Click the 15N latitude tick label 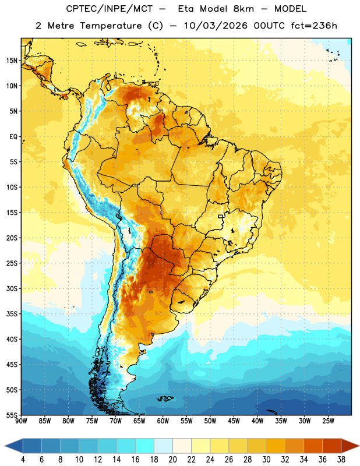[x=12, y=61]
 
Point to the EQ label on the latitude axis [x=13, y=137]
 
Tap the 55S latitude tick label [x=12, y=415]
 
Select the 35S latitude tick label [x=12, y=314]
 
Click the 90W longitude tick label [x=21, y=421]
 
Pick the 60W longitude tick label [x=163, y=421]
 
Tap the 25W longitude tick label [x=328, y=421]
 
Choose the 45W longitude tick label [x=234, y=421]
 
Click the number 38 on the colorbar [x=341, y=460]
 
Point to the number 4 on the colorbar [x=23, y=460]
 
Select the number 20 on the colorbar [x=172, y=460]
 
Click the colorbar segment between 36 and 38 [x=332, y=446]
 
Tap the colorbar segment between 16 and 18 [x=145, y=446]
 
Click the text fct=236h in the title [x=314, y=26]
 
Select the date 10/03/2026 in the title [x=216, y=26]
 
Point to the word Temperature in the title [x=111, y=26]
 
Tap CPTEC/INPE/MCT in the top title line [x=110, y=9]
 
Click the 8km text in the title [x=243, y=9]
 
